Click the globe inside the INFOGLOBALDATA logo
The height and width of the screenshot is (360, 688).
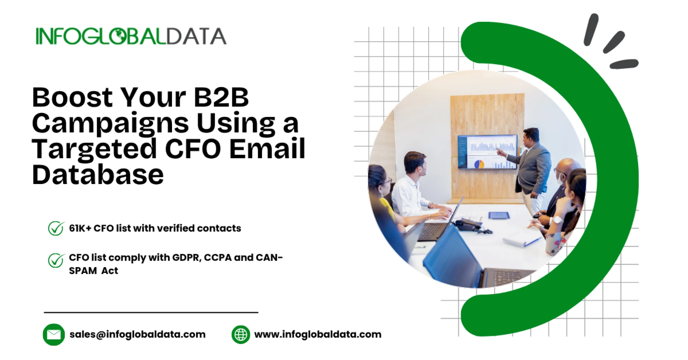pyautogui.click(x=120, y=36)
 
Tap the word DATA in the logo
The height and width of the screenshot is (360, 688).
pyautogui.click(x=196, y=36)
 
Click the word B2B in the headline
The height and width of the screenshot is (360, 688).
pyautogui.click(x=221, y=97)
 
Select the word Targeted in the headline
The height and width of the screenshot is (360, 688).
pyautogui.click(x=94, y=149)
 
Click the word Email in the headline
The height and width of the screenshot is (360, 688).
pyautogui.click(x=267, y=148)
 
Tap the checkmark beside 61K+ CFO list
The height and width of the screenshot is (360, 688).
pyautogui.click(x=56, y=228)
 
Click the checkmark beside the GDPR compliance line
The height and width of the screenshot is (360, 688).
pyautogui.click(x=56, y=260)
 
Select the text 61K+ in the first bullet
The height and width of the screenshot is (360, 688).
pyautogui.click(x=80, y=228)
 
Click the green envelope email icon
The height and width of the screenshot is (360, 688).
pyautogui.click(x=54, y=335)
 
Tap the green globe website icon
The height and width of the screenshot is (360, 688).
pyautogui.click(x=241, y=335)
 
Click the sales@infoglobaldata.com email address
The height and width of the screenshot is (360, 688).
pyautogui.click(x=137, y=335)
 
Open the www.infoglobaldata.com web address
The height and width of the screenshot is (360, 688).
pyautogui.click(x=318, y=335)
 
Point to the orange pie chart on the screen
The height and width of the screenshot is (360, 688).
pyautogui.click(x=479, y=164)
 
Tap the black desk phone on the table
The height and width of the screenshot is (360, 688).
pyautogui.click(x=468, y=225)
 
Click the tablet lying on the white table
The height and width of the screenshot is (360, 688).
pyautogui.click(x=499, y=215)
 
